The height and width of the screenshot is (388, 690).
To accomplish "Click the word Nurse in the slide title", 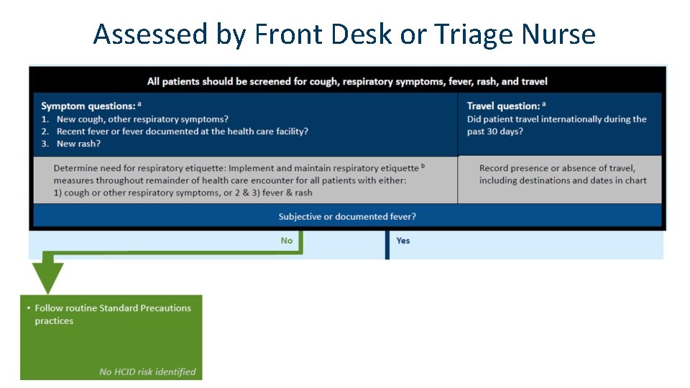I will point(558,34).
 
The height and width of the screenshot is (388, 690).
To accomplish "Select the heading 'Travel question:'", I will point(502,106).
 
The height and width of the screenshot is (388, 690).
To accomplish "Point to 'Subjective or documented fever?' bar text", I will point(347,216).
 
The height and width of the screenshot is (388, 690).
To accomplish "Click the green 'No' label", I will point(287,241).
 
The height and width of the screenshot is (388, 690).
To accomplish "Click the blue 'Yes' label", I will point(403,241).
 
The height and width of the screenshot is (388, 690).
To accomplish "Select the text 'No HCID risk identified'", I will point(147,371).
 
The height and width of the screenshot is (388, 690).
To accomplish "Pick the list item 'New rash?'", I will point(78,144).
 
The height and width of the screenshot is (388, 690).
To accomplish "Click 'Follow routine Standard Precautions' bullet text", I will point(113,308).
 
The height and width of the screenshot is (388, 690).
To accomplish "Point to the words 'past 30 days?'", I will point(495,131).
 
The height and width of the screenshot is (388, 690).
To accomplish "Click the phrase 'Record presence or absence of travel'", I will point(557,168).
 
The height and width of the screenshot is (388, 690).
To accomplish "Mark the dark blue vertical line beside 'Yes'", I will point(387,244).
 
